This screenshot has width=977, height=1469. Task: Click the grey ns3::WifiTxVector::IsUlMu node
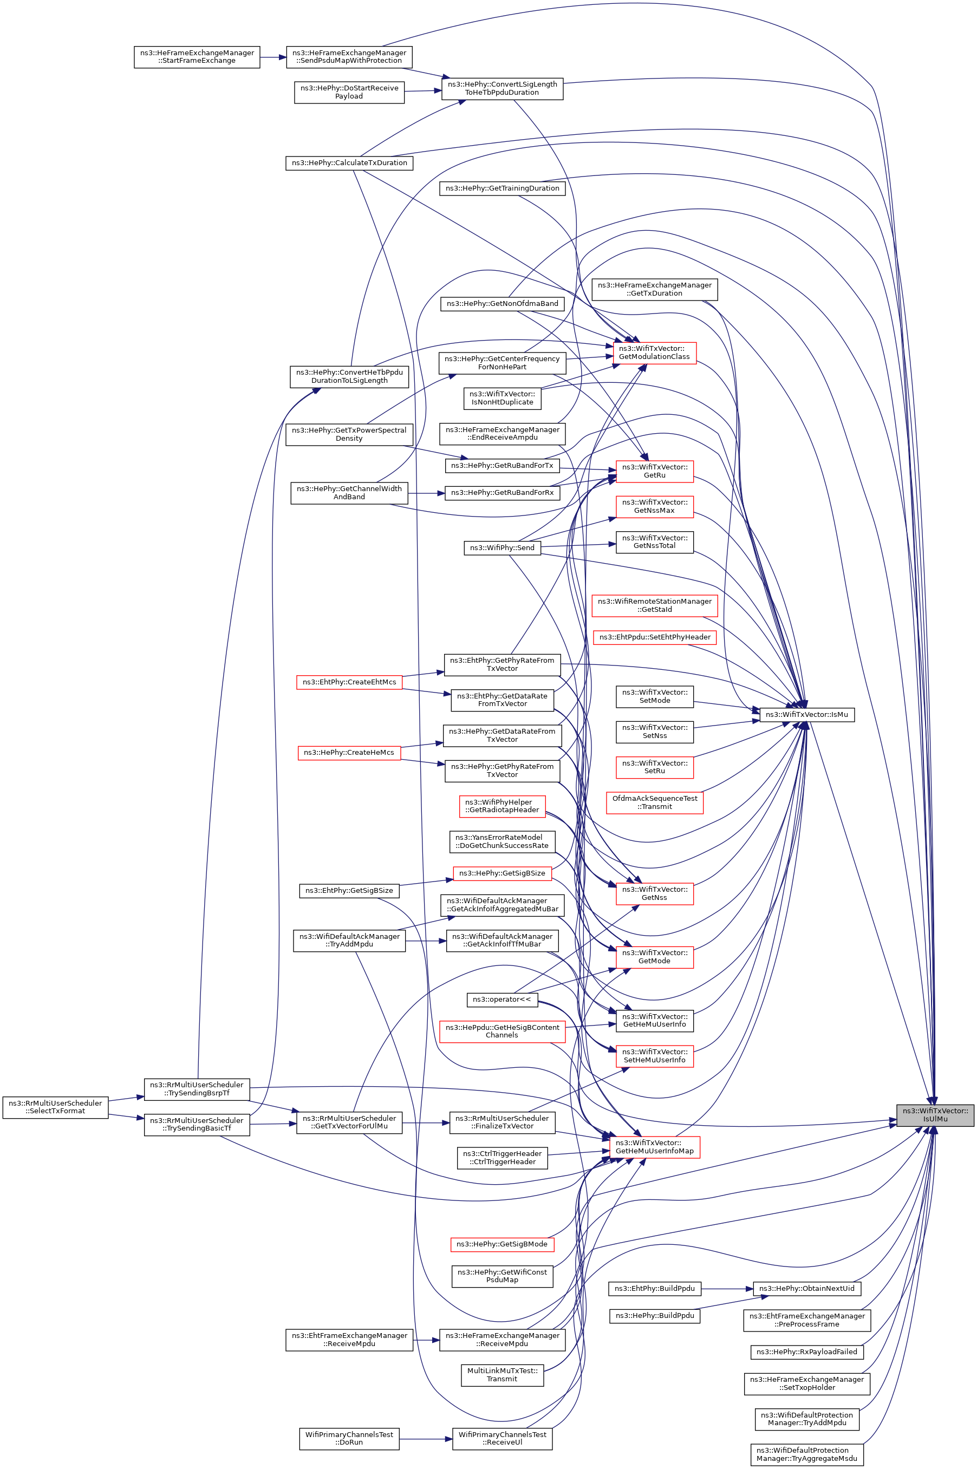tap(935, 1114)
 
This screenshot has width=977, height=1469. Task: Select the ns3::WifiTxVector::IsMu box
tap(806, 715)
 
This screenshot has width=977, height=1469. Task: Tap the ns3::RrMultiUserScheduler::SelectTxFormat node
tap(55, 1107)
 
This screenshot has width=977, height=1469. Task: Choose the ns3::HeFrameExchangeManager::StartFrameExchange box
tap(197, 57)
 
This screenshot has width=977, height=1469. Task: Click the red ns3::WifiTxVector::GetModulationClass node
tap(654, 352)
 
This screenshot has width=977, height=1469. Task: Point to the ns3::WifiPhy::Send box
tap(502, 547)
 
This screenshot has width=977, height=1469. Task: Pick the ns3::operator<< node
tap(501, 999)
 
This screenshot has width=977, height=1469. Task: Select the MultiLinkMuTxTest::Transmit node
tap(502, 1374)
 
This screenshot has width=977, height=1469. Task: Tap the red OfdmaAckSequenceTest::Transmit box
tap(655, 802)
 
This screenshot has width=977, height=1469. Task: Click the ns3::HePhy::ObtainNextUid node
tap(806, 1288)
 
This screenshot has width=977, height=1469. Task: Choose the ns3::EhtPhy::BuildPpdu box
tap(654, 1288)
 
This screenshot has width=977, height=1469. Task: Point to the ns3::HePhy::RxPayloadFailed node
tap(806, 1352)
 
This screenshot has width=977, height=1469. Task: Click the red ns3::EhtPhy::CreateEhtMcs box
tap(349, 682)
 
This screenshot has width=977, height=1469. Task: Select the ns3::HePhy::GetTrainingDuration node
tap(502, 188)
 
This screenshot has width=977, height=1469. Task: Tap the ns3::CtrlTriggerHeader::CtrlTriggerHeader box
tap(502, 1158)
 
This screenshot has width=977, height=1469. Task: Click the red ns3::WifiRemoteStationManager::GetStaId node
tap(655, 605)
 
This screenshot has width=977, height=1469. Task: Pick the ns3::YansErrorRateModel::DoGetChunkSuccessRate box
tap(502, 841)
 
